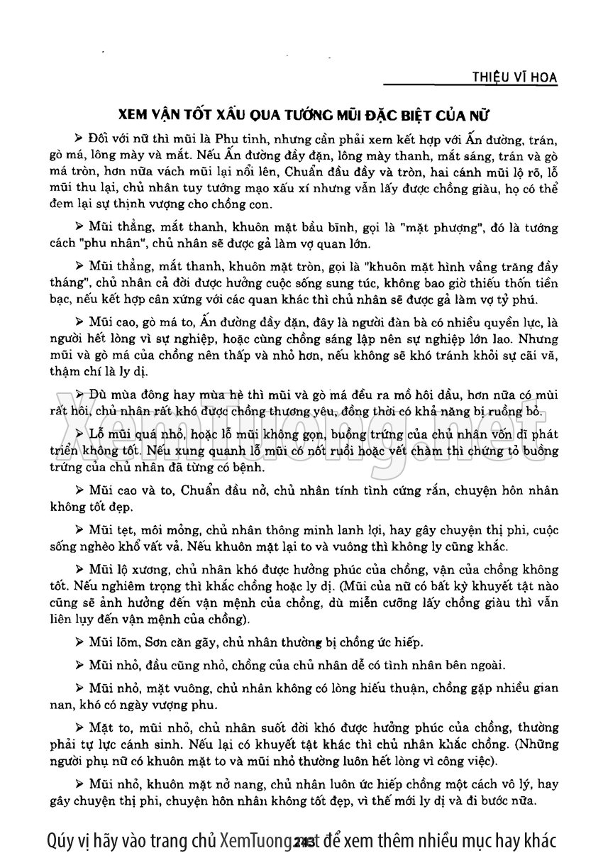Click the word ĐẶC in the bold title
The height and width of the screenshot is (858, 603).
click(x=411, y=115)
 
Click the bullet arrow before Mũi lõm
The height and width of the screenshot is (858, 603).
click(x=79, y=642)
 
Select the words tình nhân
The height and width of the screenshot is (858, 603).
click(x=395, y=665)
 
